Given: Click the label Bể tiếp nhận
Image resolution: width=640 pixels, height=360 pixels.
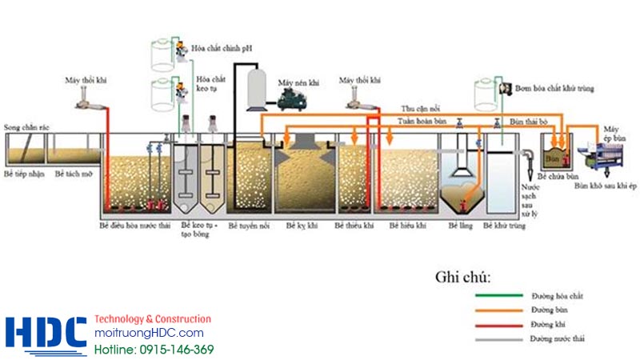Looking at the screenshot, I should [x=23, y=174].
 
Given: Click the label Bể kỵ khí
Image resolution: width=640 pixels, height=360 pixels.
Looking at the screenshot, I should [x=302, y=226].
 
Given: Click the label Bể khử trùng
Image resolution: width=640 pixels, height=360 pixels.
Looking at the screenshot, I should [x=506, y=226].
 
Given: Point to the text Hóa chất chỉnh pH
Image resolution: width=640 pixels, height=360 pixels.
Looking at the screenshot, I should [x=222, y=48].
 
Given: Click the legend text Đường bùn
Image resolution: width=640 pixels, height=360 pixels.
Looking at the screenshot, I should [x=547, y=310].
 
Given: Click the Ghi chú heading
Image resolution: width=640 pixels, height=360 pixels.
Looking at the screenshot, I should [x=463, y=278].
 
